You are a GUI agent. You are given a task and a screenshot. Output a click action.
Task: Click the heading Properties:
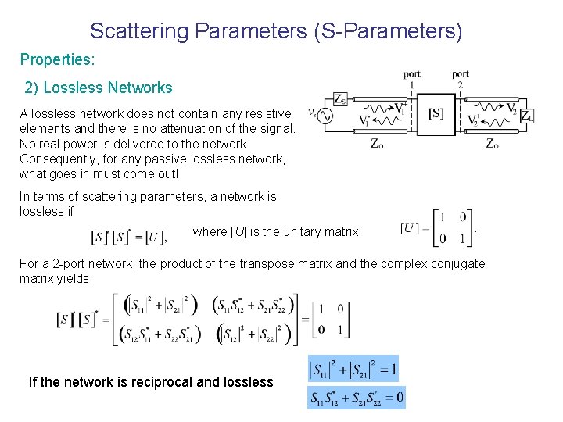coord(56,60)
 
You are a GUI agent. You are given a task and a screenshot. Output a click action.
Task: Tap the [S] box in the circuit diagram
coord(436,114)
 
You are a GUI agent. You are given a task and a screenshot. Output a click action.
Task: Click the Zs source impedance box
coord(340,98)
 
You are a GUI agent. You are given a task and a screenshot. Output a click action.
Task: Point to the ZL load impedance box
coord(526,116)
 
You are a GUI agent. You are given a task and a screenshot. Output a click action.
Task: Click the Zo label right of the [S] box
coord(493,143)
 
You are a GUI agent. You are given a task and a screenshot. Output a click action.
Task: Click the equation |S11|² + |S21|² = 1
coord(357,368)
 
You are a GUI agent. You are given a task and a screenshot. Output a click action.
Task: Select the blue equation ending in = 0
coord(357,398)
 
